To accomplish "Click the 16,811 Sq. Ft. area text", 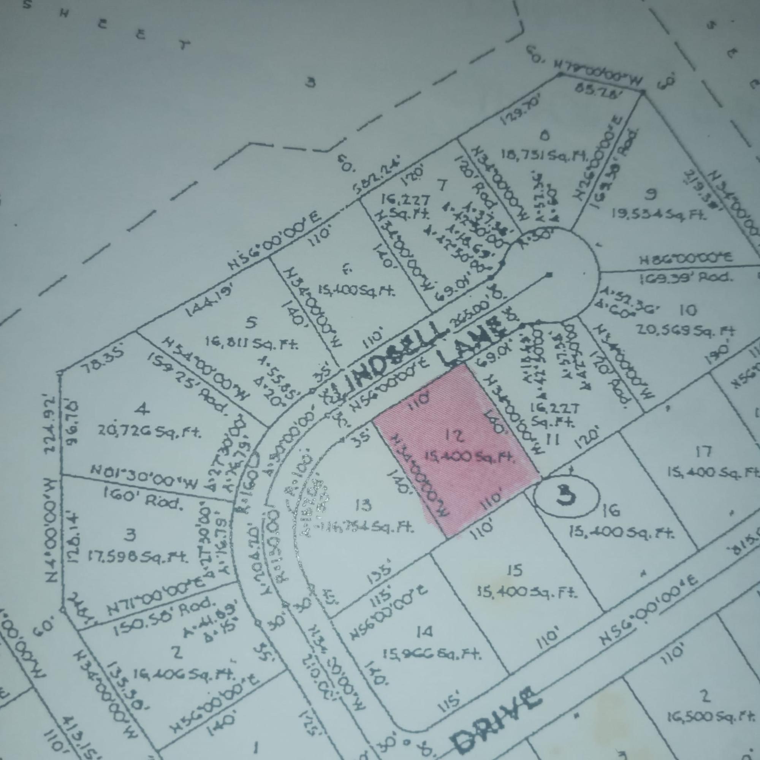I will click(252, 344).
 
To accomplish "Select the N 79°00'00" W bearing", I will click(600, 77).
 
